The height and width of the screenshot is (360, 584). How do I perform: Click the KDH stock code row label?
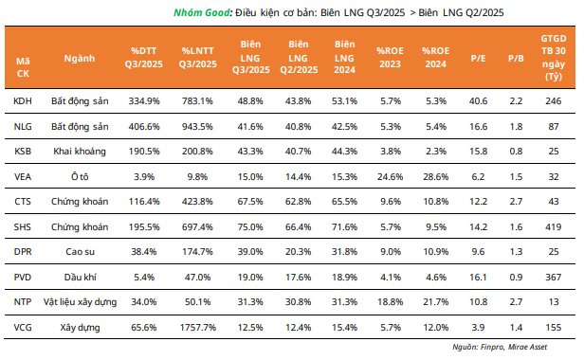coord(23,100)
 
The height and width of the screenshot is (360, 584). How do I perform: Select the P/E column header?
coord(478,58)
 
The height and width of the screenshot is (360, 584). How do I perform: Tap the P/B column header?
coord(516,58)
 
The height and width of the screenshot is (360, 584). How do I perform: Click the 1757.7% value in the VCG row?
coord(198,327)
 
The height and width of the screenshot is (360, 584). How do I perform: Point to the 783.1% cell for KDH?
coord(197,100)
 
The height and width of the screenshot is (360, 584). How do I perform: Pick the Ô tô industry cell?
coord(80,176)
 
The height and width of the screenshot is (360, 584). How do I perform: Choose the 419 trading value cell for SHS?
coord(554,226)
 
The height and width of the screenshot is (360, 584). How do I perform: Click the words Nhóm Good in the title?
coord(202,12)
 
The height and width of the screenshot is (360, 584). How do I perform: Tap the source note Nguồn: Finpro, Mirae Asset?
coord(500,347)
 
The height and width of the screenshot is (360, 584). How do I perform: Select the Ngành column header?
coord(80,58)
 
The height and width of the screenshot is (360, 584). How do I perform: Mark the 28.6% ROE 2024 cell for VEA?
coord(436,176)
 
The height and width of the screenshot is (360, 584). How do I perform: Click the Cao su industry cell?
coord(80,252)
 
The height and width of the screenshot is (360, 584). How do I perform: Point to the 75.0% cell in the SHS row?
coord(250,226)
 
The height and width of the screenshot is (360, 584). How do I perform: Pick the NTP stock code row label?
coord(23,301)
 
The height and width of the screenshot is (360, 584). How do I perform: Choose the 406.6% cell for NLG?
coord(144,127)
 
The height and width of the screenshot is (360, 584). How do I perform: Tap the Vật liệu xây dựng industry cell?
coord(80,302)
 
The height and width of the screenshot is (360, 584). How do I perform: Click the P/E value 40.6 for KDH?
coord(478,100)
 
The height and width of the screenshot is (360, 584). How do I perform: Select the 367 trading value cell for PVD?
coord(554,277)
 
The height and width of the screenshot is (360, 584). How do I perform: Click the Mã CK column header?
coord(23,67)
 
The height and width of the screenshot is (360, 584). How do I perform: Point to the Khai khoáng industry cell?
coord(80,152)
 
